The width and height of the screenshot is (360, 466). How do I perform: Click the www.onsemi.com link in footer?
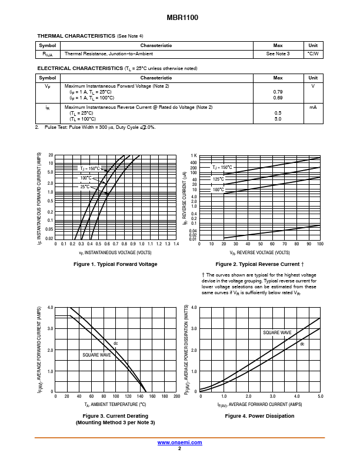(179, 442)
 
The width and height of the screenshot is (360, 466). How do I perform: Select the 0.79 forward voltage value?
(278, 92)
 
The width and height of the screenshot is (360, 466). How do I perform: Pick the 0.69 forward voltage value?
(278, 97)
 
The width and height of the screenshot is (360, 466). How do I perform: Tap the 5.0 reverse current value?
(278, 119)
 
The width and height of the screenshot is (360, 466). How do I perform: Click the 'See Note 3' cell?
(278, 54)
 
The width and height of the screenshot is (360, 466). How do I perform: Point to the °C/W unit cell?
(313, 54)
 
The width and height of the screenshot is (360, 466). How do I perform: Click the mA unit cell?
(313, 107)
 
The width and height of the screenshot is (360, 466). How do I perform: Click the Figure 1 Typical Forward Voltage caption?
(115, 264)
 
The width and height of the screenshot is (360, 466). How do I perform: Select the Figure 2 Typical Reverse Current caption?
(259, 264)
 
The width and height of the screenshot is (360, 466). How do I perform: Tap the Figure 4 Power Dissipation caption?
(259, 416)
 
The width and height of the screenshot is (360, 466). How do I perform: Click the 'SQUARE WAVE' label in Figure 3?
(97, 355)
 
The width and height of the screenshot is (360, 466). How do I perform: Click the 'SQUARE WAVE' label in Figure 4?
(277, 332)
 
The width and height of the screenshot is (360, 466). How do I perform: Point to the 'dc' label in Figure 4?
(302, 344)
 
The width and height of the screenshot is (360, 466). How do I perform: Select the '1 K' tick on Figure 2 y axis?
(194, 155)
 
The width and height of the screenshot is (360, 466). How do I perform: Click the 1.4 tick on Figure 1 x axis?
(176, 244)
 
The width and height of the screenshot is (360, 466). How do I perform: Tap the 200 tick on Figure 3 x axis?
(176, 396)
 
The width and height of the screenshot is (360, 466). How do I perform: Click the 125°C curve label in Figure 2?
(218, 179)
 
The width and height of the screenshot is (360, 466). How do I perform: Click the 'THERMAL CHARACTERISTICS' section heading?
(76, 36)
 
